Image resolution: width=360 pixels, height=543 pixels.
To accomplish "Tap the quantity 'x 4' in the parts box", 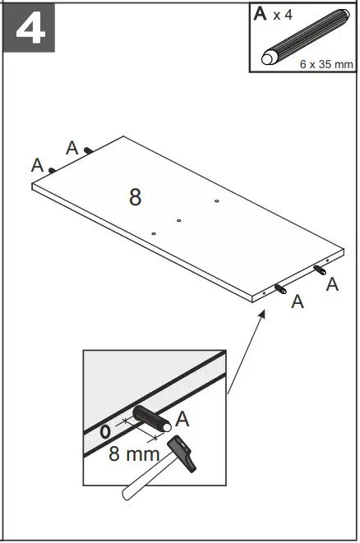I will coord(284,16).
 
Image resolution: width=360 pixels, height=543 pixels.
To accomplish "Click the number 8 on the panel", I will coord(135,197).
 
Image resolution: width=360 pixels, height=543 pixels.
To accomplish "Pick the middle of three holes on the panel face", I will coord(178,220).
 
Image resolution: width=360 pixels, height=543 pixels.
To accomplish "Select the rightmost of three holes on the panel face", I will coord(216,200).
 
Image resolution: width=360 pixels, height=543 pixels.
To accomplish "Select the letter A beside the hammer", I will coord(182,419).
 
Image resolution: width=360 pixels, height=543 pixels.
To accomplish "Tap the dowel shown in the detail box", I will coord(151,418).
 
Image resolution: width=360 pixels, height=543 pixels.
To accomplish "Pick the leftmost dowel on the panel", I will coord(53,170).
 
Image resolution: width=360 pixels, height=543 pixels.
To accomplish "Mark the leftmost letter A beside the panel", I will coord(37,165).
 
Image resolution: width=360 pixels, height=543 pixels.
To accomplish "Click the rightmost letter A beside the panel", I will coord(332,284).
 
